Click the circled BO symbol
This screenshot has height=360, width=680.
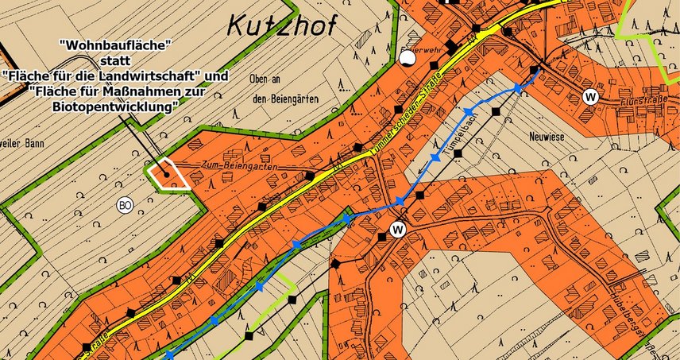[x=124, y=205]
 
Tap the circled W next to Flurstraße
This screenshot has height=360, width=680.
[x=590, y=96]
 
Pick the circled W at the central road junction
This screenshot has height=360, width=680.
[x=398, y=230]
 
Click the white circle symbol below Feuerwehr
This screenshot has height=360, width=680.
[x=408, y=57]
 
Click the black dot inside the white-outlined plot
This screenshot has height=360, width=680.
[x=165, y=169]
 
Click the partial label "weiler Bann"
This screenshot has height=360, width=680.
[x=24, y=144]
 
